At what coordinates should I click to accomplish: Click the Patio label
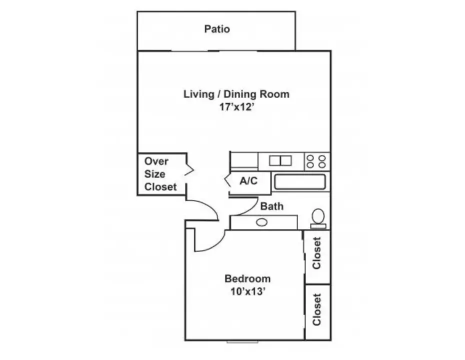pos(217,29)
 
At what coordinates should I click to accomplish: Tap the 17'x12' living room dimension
pos(236,107)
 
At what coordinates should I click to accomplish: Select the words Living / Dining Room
pos(236,94)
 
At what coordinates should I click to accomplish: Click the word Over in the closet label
pos(156,161)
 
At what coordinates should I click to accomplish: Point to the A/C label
pos(248,180)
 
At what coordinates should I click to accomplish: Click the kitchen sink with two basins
pos(280,160)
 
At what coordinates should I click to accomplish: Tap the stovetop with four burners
pos(316,161)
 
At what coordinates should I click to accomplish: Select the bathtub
pos(300,181)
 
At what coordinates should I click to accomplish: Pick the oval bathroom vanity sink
pos(261,222)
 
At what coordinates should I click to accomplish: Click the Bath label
pos(271,206)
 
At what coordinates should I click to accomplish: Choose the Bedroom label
pos(247,278)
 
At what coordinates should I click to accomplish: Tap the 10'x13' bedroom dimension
pos(247,292)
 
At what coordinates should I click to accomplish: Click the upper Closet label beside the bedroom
pos(316,253)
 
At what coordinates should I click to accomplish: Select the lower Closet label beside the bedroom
pos(316,309)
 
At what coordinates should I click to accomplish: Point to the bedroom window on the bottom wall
pos(242,342)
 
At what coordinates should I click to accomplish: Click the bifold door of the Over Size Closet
pos(189,169)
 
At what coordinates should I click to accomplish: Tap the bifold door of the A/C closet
pos(227,180)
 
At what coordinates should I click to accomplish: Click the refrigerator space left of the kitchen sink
pos(244,161)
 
